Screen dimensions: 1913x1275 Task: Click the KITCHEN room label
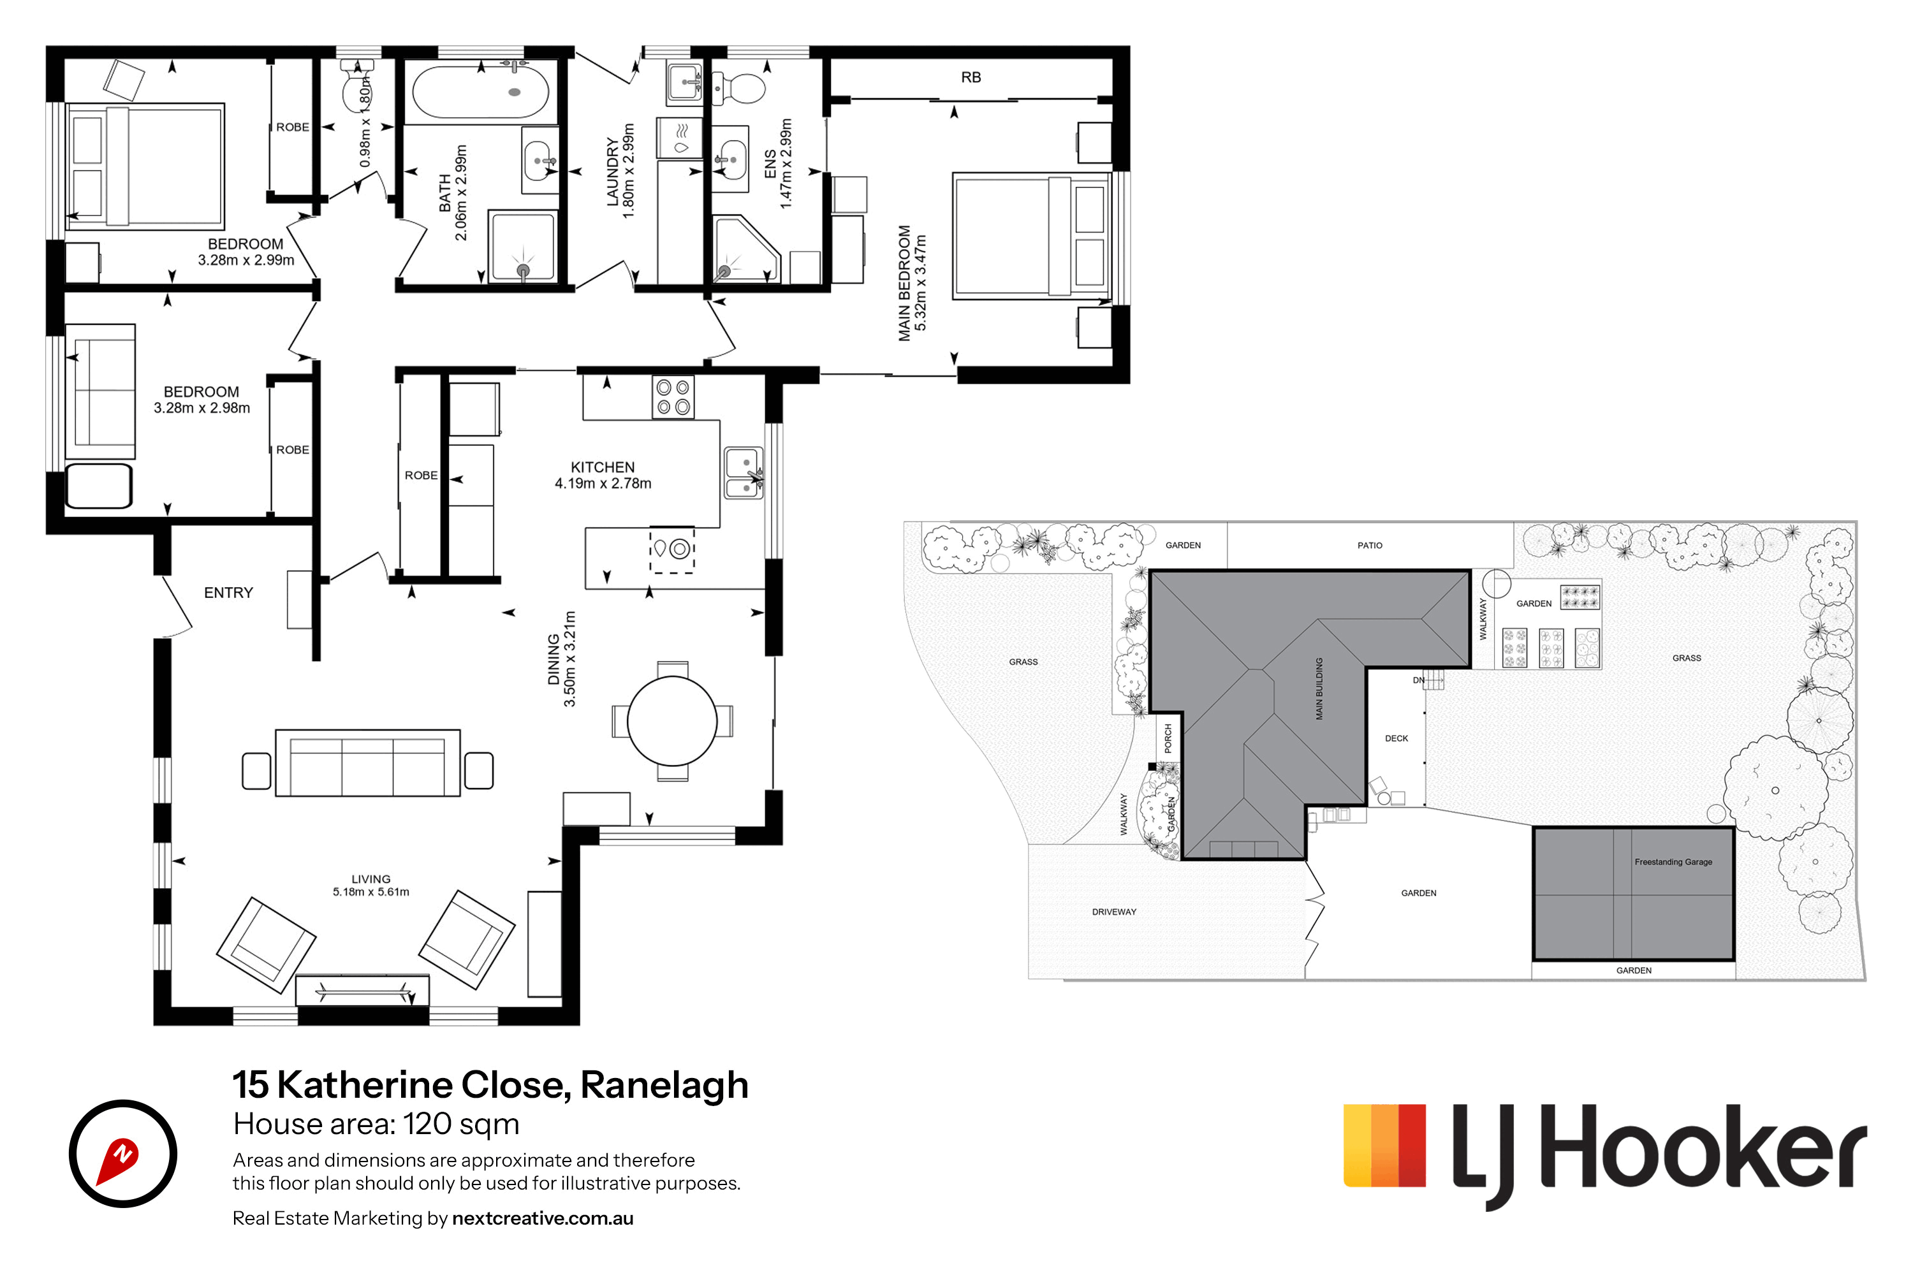pos(603,467)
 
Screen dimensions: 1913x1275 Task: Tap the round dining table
pos(672,721)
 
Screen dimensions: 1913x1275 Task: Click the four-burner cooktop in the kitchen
pos(673,397)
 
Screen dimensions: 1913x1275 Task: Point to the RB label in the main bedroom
pos(971,77)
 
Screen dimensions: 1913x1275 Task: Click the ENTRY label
pos(228,593)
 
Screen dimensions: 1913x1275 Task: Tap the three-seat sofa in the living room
pos(368,762)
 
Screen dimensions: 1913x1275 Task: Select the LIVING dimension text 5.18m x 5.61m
pos(371,892)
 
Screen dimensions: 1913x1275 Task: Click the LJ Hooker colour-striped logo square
pos(1384,1145)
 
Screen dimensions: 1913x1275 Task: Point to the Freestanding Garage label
pos(1673,862)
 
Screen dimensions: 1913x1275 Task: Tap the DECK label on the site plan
pos(1396,738)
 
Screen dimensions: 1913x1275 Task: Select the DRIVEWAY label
pos(1113,912)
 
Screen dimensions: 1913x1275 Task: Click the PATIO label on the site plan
pos(1370,546)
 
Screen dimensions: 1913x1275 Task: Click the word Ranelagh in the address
pos(664,1085)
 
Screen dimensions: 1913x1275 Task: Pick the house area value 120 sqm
pos(461,1125)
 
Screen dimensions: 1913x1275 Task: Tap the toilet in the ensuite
pos(738,88)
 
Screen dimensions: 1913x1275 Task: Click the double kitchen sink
pos(744,472)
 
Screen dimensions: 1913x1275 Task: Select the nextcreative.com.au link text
pos(543,1218)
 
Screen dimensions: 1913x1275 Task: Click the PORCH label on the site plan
pos(1168,738)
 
